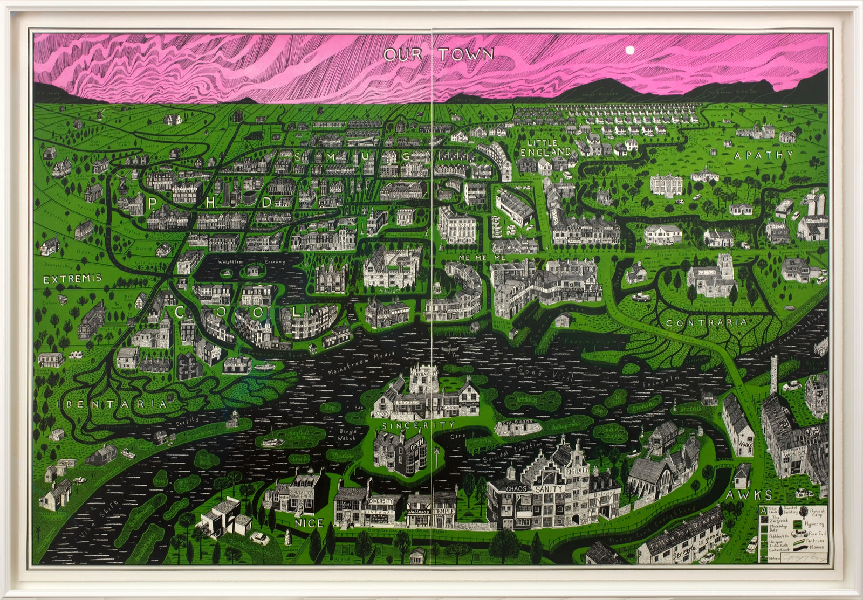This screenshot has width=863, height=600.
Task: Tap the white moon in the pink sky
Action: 628,50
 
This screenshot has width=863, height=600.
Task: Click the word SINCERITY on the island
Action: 412,425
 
